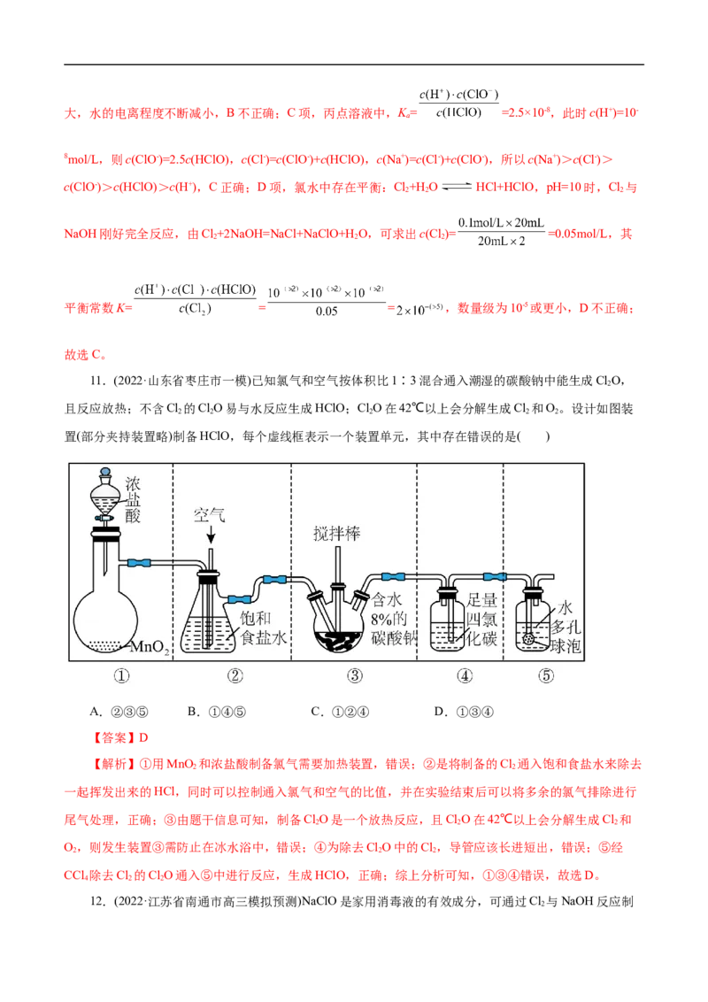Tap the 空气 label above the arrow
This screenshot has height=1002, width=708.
[210, 515]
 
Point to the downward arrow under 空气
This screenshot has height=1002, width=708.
[210, 536]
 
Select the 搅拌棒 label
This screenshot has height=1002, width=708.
[337, 533]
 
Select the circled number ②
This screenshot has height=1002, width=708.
[235, 675]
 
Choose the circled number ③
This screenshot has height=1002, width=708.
[354, 675]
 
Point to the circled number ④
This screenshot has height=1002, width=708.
[464, 675]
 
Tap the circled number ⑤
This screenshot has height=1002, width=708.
[546, 675]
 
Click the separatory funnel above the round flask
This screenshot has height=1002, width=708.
[105, 497]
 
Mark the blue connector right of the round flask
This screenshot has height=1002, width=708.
[141, 562]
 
